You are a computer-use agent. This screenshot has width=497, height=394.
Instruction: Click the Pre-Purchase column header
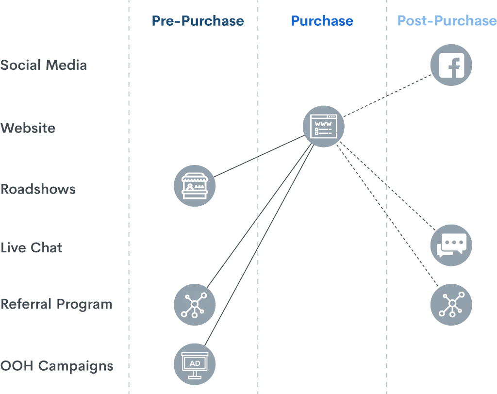pyautogui.click(x=198, y=21)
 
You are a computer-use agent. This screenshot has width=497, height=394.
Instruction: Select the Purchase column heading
pyautogui.click(x=322, y=21)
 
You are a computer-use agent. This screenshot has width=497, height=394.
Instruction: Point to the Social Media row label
pyautogui.click(x=44, y=66)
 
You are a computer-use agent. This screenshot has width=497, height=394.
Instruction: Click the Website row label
pyautogui.click(x=29, y=129)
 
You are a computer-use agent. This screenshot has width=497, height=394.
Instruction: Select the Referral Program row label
pyautogui.click(x=56, y=305)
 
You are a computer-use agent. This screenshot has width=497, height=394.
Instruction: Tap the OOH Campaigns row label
pyautogui.click(x=57, y=366)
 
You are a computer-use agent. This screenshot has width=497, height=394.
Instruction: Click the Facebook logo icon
pyautogui.click(x=451, y=65)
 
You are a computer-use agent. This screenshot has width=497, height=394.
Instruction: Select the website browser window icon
pyautogui.click(x=324, y=127)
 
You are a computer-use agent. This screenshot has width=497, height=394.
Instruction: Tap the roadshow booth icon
pyautogui.click(x=195, y=186)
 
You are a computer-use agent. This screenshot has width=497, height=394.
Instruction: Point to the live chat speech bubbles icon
pyautogui.click(x=451, y=245)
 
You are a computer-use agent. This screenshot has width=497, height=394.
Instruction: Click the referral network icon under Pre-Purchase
pyautogui.click(x=195, y=305)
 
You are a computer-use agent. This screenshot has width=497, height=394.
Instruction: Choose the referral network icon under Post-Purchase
pyautogui.click(x=451, y=305)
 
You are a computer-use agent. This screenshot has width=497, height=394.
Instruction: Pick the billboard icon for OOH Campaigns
pyautogui.click(x=195, y=364)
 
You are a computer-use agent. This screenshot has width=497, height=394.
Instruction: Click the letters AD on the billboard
pyautogui.click(x=195, y=363)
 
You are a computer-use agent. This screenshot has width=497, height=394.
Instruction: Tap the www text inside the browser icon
pyautogui.click(x=321, y=124)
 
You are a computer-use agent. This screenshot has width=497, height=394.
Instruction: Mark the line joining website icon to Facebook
pyautogui.click(x=388, y=96)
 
